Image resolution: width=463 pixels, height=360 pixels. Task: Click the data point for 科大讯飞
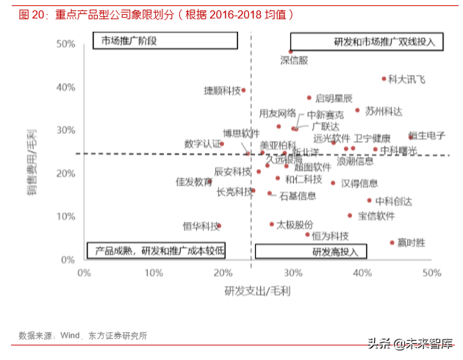(384, 79)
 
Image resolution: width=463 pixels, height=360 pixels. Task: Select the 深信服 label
(294, 60)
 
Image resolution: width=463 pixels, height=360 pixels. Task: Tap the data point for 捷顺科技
(244, 90)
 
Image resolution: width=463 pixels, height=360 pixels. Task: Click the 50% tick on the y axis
(65, 44)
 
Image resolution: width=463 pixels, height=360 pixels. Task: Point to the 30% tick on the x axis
(292, 273)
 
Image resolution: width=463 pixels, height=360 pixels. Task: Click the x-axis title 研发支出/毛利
(257, 292)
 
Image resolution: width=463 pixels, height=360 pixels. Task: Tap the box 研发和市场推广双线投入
(367, 42)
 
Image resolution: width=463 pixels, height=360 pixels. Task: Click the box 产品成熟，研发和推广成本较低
(156, 251)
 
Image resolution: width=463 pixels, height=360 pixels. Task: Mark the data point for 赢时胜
(392, 242)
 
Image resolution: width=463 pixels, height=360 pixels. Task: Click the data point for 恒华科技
(219, 226)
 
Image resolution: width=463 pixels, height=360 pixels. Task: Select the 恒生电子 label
(427, 135)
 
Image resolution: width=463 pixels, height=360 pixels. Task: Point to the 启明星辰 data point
(309, 98)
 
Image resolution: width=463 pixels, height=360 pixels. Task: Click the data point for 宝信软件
(350, 215)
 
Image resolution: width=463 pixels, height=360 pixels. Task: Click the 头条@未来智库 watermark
(409, 342)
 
